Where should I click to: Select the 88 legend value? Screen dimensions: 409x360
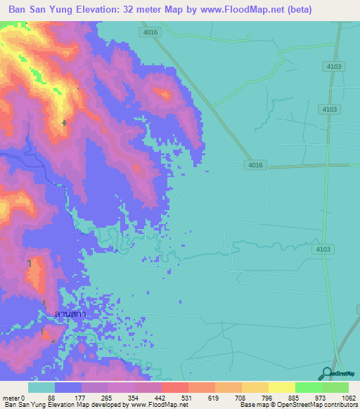[x=50, y=397]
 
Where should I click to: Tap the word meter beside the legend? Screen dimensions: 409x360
[x=10, y=397]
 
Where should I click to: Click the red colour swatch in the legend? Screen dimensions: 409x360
[x=174, y=387]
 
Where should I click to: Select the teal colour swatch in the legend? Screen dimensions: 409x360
[x=41, y=387]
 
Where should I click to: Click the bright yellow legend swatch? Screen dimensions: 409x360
[x=281, y=387]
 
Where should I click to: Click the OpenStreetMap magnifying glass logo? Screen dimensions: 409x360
[x=328, y=373]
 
